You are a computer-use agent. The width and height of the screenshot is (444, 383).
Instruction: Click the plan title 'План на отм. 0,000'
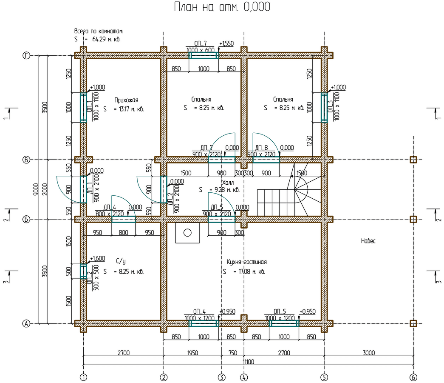(222, 7)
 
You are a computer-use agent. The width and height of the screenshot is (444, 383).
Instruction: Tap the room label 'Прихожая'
(126, 100)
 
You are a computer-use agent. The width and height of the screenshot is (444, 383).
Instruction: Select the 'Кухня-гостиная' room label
(246, 262)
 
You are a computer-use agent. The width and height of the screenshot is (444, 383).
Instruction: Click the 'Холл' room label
(228, 182)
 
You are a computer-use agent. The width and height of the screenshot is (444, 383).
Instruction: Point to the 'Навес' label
(368, 241)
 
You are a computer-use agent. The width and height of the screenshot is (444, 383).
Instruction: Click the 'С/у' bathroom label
(121, 261)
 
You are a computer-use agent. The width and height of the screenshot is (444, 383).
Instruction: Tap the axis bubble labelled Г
(26, 56)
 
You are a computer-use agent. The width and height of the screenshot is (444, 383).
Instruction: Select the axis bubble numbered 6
(413, 377)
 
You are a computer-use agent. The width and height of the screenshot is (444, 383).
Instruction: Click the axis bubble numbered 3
(221, 377)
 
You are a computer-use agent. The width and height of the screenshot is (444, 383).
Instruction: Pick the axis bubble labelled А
(26, 323)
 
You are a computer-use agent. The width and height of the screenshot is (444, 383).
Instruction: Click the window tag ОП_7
(201, 43)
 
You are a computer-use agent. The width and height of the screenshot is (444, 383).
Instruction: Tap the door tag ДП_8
(261, 148)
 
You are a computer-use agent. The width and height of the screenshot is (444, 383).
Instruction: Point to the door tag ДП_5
(217, 207)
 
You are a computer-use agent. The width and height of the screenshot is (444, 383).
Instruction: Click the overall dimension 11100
(248, 362)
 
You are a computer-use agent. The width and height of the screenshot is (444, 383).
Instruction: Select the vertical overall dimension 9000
(36, 189)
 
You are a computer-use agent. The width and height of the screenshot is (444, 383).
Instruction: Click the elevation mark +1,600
(97, 258)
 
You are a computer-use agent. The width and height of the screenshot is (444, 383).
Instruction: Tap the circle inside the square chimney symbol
(187, 233)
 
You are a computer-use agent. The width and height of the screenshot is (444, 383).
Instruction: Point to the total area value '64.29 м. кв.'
(107, 39)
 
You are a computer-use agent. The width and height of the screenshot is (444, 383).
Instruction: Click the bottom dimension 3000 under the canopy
(369, 353)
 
